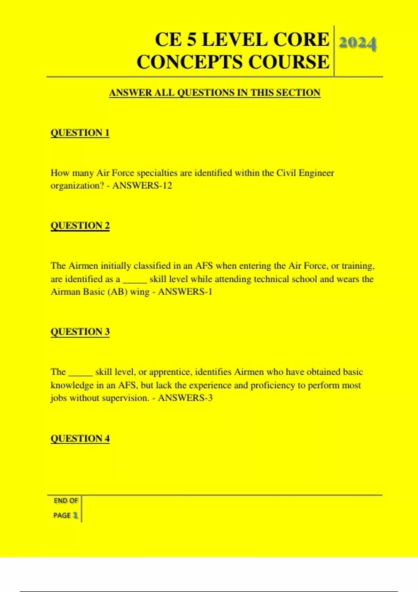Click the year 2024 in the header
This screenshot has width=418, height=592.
click(x=357, y=44)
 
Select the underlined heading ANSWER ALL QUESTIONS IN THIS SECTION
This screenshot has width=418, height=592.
click(x=215, y=93)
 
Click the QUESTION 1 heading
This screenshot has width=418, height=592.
click(x=80, y=133)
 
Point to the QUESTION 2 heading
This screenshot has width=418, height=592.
click(x=80, y=226)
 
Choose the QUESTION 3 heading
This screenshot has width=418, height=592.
click(x=80, y=332)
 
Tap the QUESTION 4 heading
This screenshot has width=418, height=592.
click(x=80, y=438)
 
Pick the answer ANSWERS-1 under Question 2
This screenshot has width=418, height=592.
click(x=185, y=292)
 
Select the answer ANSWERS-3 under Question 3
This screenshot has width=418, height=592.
click(x=185, y=398)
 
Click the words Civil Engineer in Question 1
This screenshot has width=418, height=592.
click(x=305, y=173)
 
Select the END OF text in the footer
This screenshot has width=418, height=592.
click(x=65, y=501)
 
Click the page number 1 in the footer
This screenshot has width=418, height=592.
click(x=75, y=515)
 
